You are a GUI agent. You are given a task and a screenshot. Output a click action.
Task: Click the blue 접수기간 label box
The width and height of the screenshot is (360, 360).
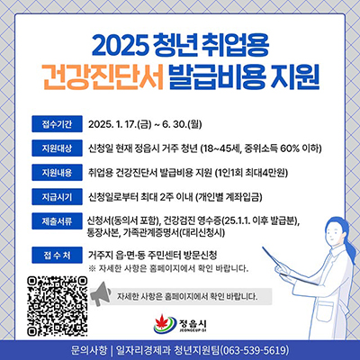pyautogui.click(x=57, y=124)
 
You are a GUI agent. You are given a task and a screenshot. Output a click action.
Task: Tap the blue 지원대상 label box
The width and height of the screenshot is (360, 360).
pyautogui.click(x=57, y=148)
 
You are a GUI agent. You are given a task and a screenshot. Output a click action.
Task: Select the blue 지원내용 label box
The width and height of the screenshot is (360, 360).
pyautogui.click(x=57, y=173)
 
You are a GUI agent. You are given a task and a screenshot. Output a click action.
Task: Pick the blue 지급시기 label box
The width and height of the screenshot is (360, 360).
pyautogui.click(x=57, y=197)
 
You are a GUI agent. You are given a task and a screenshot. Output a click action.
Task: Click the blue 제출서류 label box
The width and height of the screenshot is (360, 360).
pyautogui.click(x=57, y=221)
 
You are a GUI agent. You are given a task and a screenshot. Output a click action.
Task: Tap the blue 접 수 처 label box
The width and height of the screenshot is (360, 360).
pyautogui.click(x=57, y=255)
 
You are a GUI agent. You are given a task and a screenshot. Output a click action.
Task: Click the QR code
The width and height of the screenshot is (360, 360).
pyautogui.click(x=57, y=306)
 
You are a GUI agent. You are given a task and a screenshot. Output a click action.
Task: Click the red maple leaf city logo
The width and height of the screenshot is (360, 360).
pyautogui.click(x=165, y=323)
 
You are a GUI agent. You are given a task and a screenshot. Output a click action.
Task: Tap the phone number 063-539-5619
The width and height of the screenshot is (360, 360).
pyautogui.click(x=255, y=350)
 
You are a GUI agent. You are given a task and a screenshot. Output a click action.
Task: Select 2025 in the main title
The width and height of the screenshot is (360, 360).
pyautogui.click(x=120, y=45)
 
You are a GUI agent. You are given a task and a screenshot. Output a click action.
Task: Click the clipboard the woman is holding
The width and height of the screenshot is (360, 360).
pyautogui.click(x=288, y=264)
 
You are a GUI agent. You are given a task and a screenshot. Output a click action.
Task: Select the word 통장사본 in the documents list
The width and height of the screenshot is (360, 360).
pyautogui.click(x=102, y=233)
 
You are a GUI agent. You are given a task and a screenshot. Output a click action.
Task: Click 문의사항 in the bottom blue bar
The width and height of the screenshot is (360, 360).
pyautogui.click(x=89, y=350)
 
